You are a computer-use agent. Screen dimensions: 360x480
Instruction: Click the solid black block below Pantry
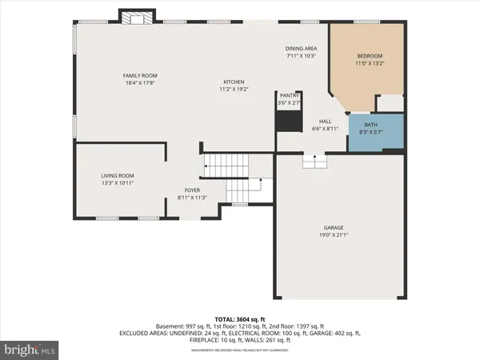point(286,121)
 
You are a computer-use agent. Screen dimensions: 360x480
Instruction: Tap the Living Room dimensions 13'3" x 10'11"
point(117,183)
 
